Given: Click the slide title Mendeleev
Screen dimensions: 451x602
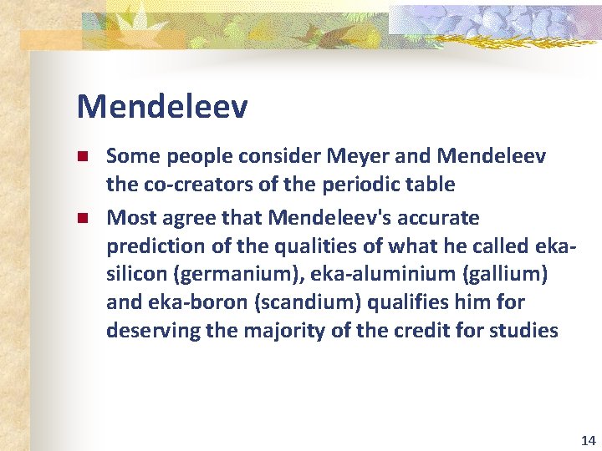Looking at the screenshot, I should coord(161,107).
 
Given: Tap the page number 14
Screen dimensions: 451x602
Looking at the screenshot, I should coord(587,440).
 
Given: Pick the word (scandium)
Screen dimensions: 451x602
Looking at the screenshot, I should coord(287,303).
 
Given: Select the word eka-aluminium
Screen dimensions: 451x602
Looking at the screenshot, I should coord(390,275).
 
